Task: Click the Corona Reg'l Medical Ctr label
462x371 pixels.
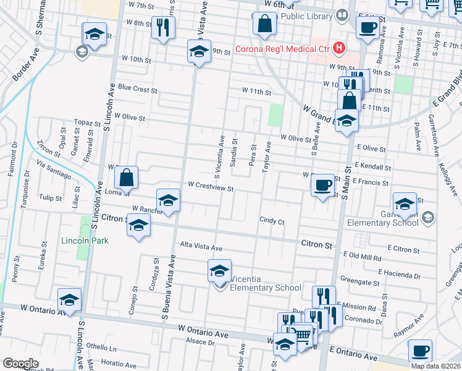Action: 282,48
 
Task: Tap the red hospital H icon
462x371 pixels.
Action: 338,47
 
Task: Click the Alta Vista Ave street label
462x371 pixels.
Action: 201,247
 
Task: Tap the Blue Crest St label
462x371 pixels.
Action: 137,89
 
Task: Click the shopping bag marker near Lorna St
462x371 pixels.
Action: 126,177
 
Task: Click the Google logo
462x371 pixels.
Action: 20,364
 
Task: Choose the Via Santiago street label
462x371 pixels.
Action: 54,170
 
